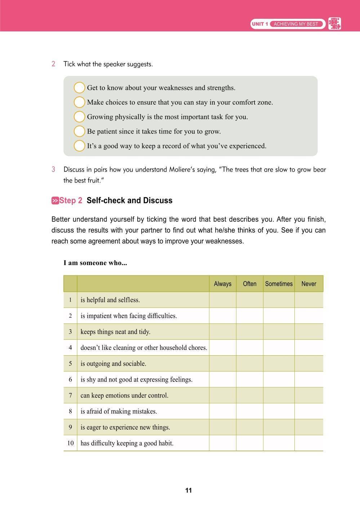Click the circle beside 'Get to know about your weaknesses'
tap(79, 88)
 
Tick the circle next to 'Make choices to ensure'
tap(79, 102)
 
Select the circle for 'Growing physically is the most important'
tap(79, 117)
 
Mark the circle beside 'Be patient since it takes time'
tap(79, 131)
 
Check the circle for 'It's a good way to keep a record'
tap(79, 146)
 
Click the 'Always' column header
tap(222, 284)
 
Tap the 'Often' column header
tap(249, 284)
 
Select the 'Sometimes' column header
tap(279, 284)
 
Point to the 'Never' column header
tap(308, 284)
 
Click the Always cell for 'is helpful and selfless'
tap(222, 300)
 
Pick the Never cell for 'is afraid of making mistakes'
tap(308, 411)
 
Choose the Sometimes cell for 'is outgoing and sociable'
tap(279, 364)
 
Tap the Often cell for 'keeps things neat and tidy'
tap(249, 332)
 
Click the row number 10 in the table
tap(70, 443)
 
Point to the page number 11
tap(188, 491)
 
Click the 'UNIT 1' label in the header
tap(260, 24)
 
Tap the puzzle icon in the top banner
tap(335, 24)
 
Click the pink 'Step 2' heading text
tap(71, 201)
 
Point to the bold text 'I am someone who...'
tap(95, 263)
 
